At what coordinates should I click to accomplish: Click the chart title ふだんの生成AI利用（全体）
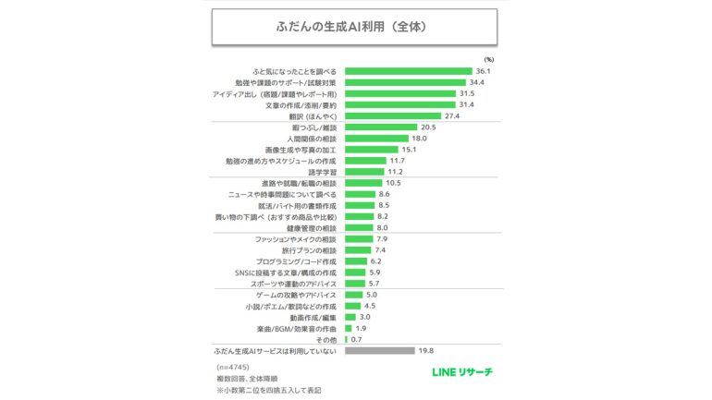pyautogui.click(x=355, y=27)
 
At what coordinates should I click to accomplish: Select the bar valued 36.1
pyautogui.click(x=408, y=70)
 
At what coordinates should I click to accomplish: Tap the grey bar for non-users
pyautogui.click(x=380, y=351)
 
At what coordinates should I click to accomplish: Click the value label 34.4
pyautogui.click(x=477, y=82)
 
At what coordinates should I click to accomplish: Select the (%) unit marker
pyautogui.click(x=489, y=58)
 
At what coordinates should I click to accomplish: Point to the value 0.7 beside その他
pyautogui.click(x=356, y=339)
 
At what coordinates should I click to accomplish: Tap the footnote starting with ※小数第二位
pyautogui.click(x=263, y=390)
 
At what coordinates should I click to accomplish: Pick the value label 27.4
pyautogui.click(x=452, y=115)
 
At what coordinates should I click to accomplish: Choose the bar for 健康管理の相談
pyautogui.click(x=359, y=227)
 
